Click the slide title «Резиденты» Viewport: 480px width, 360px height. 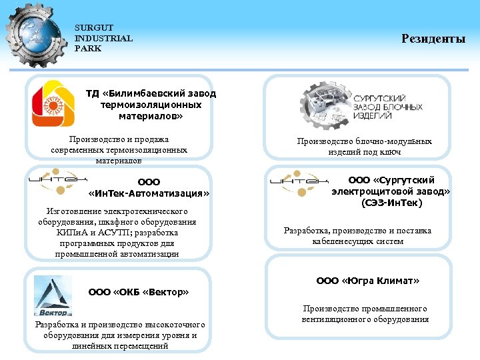[x=433, y=39]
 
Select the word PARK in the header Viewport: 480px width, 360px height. [x=87, y=49]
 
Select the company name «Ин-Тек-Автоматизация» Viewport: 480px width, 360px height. [x=149, y=193]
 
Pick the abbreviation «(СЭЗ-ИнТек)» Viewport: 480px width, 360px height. [x=391, y=203]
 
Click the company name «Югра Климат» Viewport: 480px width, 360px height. [x=368, y=281]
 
